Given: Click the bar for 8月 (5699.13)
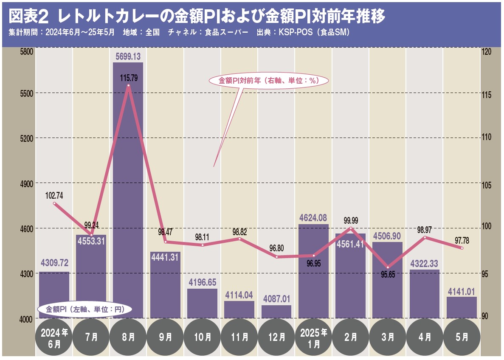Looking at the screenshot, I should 128,191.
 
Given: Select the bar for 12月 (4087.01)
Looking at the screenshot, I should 276,312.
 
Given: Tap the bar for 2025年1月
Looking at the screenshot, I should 313,272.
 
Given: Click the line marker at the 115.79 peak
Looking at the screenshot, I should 128,86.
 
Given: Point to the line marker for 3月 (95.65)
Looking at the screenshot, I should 388,267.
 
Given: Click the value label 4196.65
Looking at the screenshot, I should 203,282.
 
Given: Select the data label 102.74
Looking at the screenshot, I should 54,196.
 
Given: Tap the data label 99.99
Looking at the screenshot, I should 350,220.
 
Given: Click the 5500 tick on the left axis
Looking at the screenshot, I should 26,93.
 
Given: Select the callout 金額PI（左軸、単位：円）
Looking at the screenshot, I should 84,309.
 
